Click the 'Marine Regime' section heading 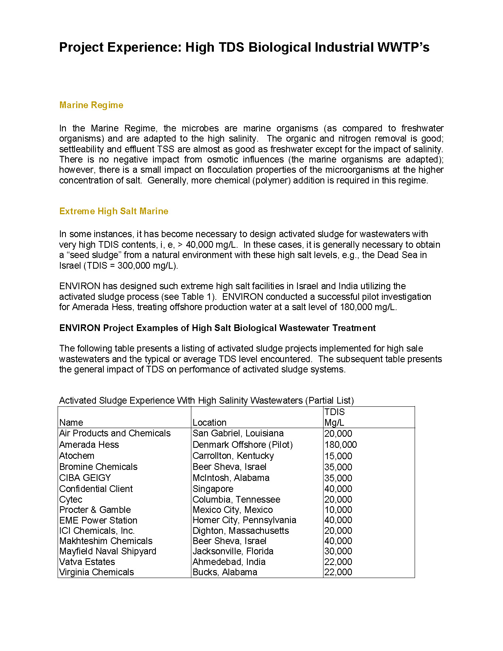[91, 105]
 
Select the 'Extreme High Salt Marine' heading [114, 211]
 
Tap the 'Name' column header [71, 423]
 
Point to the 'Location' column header [209, 423]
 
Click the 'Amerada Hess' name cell [89, 445]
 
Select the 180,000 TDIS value [340, 445]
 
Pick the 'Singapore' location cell [213, 489]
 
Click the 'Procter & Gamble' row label [95, 510]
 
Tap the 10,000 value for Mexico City [338, 510]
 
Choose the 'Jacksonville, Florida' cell [233, 551]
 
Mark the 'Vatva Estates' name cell [87, 562]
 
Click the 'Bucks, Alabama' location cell [225, 572]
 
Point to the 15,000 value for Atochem [338, 456]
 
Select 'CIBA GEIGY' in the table [85, 478]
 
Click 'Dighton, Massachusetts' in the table [241, 531]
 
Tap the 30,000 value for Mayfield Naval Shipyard [338, 551]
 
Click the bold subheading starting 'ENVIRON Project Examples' [217, 328]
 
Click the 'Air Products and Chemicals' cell [115, 433]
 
